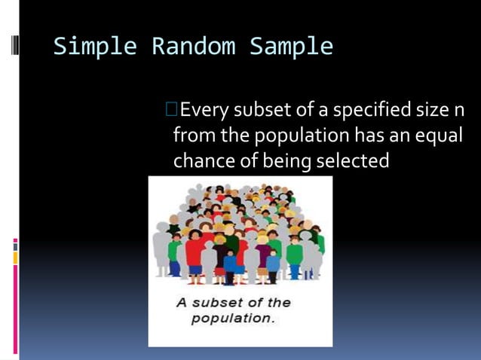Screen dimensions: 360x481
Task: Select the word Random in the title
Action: (x=192, y=47)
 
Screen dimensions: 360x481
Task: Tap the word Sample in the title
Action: (x=291, y=47)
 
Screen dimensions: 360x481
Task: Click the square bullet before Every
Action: (x=171, y=111)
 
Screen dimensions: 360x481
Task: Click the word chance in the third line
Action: (x=198, y=161)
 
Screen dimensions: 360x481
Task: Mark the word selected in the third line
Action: (x=353, y=161)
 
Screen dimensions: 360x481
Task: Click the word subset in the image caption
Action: (x=222, y=303)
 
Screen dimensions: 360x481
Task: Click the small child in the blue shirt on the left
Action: (x=176, y=256)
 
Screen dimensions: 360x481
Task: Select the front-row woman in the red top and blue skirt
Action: (x=195, y=256)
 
